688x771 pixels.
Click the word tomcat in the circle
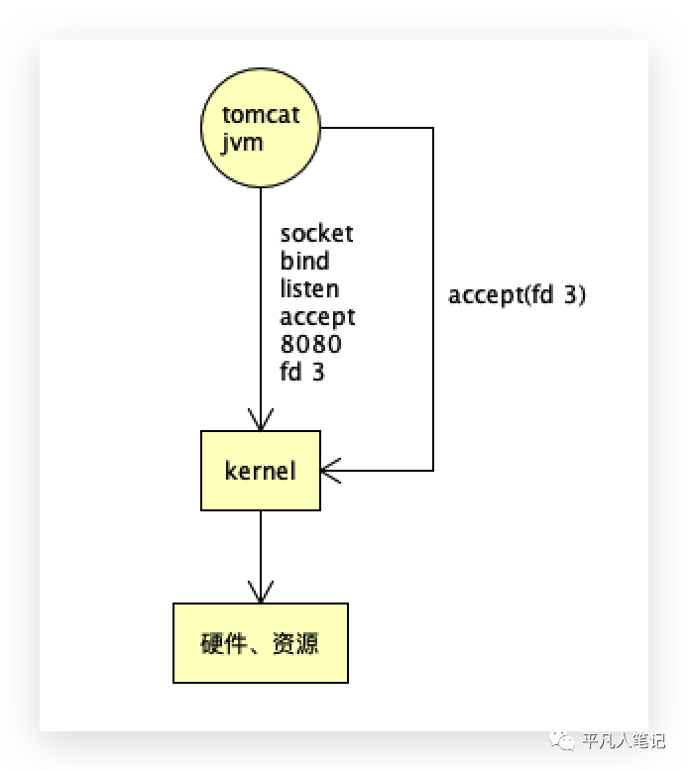click(261, 115)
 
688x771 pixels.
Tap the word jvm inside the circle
click(242, 143)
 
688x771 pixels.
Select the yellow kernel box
click(261, 471)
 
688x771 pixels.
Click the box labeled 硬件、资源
click(261, 642)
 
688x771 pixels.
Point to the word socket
click(316, 233)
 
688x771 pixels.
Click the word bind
click(304, 261)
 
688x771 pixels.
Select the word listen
click(309, 288)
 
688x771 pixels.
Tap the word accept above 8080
click(317, 318)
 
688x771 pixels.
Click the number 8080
click(311, 344)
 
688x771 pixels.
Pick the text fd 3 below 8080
click(302, 372)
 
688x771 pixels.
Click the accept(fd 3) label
click(516, 295)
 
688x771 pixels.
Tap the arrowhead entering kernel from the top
click(261, 420)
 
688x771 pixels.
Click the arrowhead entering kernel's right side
click(330, 471)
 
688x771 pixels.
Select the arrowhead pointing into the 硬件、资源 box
click(261, 592)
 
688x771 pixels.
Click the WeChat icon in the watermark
click(562, 739)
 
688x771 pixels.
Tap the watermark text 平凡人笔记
click(624, 740)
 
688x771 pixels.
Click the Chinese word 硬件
click(223, 643)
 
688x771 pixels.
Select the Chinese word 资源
click(295, 643)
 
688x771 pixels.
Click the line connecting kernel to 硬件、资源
click(261, 557)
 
